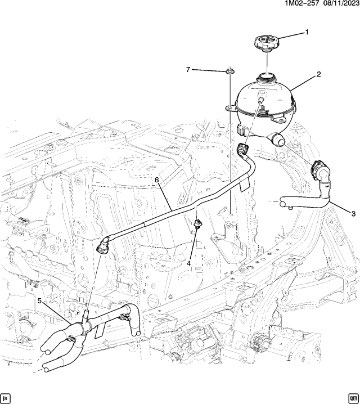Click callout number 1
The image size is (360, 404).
coord(307,32)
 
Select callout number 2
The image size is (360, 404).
coord(318,74)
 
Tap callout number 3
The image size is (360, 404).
coord(353,213)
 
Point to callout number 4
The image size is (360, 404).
coord(190,263)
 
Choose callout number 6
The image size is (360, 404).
coord(158,179)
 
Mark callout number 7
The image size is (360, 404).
coord(189,69)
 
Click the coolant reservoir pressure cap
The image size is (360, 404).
coord(265,43)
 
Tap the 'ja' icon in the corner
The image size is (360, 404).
coord(6,397)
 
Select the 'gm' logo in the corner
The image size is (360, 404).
coord(353,397)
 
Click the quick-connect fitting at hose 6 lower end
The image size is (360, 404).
coord(103,246)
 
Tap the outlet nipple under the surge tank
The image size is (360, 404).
coord(277,139)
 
